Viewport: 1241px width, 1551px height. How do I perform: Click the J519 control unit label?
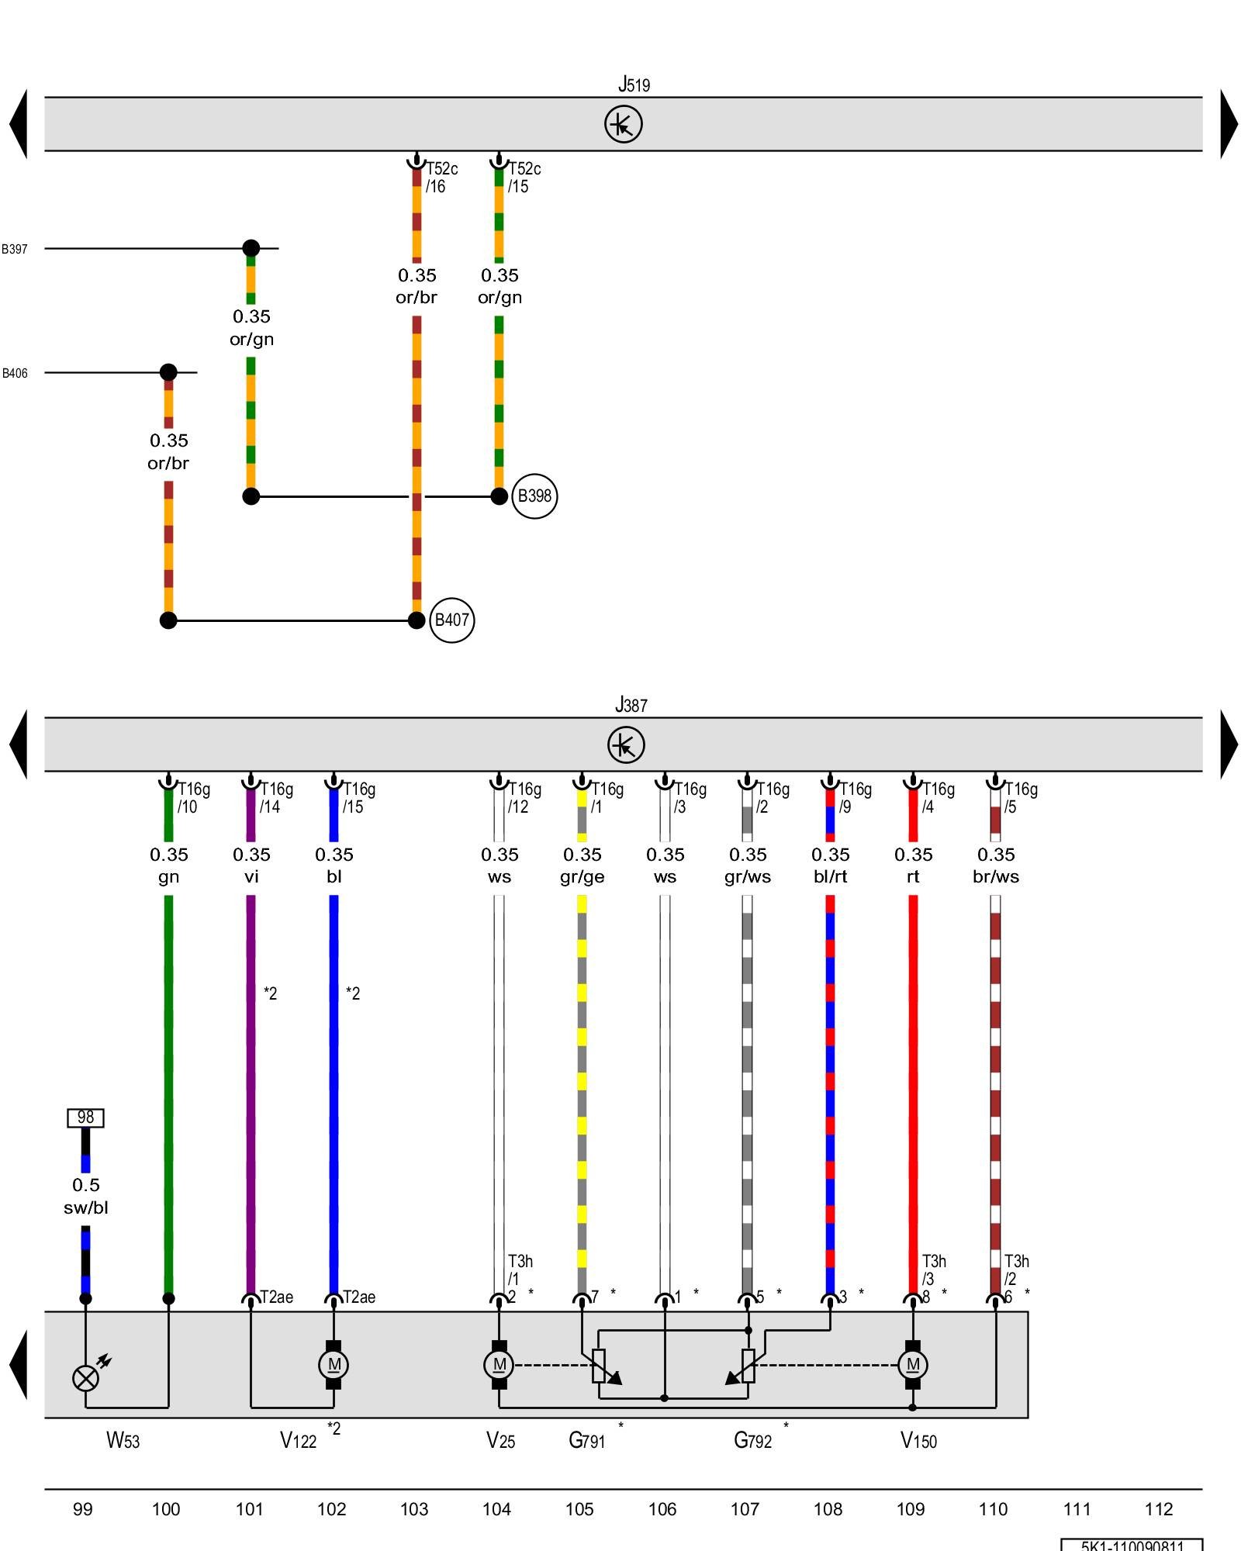pyautogui.click(x=634, y=84)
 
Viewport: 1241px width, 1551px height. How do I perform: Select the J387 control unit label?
pyautogui.click(x=631, y=705)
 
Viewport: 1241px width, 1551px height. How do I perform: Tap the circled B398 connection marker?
pyautogui.click(x=534, y=496)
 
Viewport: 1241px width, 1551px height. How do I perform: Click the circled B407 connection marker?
pyautogui.click(x=451, y=620)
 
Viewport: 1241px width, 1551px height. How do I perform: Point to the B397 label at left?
pyautogui.click(x=15, y=249)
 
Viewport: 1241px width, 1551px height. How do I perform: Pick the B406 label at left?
pyautogui.click(x=15, y=373)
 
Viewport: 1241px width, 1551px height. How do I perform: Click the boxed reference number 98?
pyautogui.click(x=85, y=1117)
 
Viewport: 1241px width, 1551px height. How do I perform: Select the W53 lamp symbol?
pyautogui.click(x=85, y=1378)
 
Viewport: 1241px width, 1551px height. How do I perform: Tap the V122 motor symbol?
pyautogui.click(x=334, y=1365)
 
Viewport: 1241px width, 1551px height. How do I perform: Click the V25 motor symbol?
pyautogui.click(x=500, y=1365)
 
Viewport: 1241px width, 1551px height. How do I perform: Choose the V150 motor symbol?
pyautogui.click(x=913, y=1365)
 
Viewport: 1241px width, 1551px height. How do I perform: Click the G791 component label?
pyautogui.click(x=586, y=1441)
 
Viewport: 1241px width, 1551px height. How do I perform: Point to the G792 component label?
pyautogui.click(x=752, y=1441)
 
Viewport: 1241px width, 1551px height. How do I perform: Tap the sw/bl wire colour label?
pyautogui.click(x=85, y=1207)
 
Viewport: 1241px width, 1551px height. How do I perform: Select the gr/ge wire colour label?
pyautogui.click(x=582, y=877)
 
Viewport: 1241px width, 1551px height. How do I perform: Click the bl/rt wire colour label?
pyautogui.click(x=830, y=877)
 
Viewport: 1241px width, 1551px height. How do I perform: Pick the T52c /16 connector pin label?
pyautogui.click(x=441, y=178)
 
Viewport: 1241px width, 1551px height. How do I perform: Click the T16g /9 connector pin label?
pyautogui.click(x=855, y=798)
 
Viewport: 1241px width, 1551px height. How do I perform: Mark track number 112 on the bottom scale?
pyautogui.click(x=1159, y=1509)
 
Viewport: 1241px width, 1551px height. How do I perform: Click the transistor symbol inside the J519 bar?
pyautogui.click(x=624, y=124)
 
